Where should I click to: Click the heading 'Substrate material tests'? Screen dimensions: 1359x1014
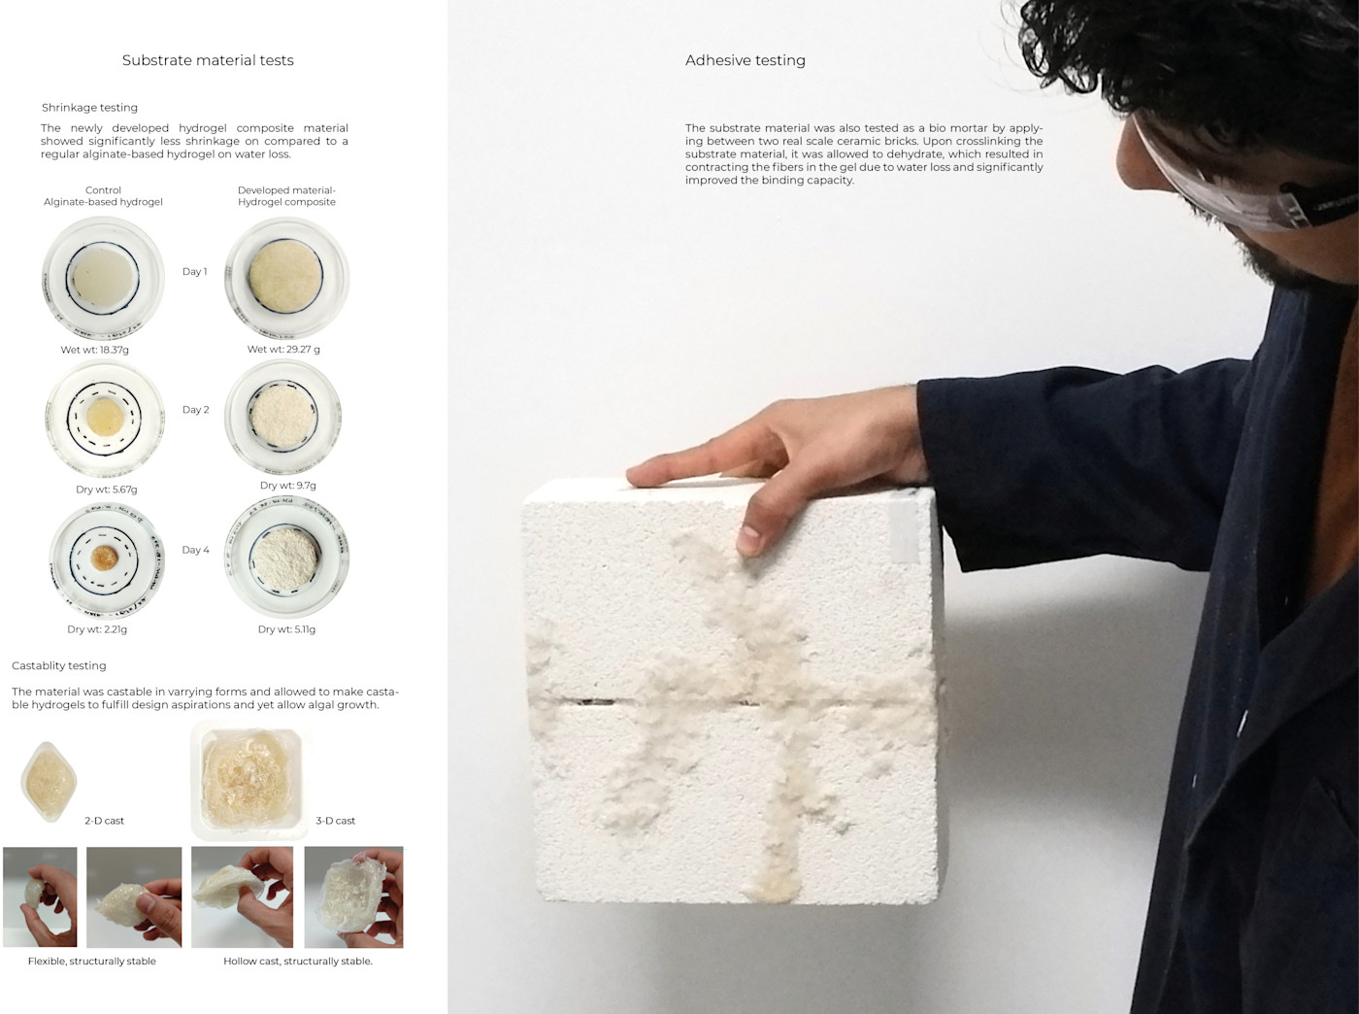tap(208, 60)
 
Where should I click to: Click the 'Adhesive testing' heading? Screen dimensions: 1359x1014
tap(745, 60)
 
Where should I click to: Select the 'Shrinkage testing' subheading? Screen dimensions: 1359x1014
tap(89, 108)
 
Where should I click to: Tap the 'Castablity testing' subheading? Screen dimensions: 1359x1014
tap(59, 666)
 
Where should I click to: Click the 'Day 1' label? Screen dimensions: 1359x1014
tap(194, 271)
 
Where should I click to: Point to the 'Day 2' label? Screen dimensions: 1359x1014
tap(196, 410)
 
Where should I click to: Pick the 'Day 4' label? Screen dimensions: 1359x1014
tap(196, 550)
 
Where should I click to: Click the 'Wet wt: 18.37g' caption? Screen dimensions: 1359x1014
tap(95, 350)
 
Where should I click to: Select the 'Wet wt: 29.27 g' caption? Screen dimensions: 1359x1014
tap(283, 350)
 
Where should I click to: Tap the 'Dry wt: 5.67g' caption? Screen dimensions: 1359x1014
tap(107, 490)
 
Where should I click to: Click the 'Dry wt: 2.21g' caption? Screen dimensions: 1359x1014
tap(97, 629)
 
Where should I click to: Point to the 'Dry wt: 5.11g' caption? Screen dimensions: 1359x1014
tap(286, 629)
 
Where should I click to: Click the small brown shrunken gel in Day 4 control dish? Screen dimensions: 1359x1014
tap(104, 558)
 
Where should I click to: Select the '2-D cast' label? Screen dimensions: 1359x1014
tap(104, 821)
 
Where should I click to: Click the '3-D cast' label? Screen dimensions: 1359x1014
tap(336, 821)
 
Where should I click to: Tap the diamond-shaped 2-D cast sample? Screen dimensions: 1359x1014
tap(49, 781)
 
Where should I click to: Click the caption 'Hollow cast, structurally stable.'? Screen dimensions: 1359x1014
tap(298, 962)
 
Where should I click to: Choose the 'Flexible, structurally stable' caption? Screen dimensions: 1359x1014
tap(91, 962)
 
